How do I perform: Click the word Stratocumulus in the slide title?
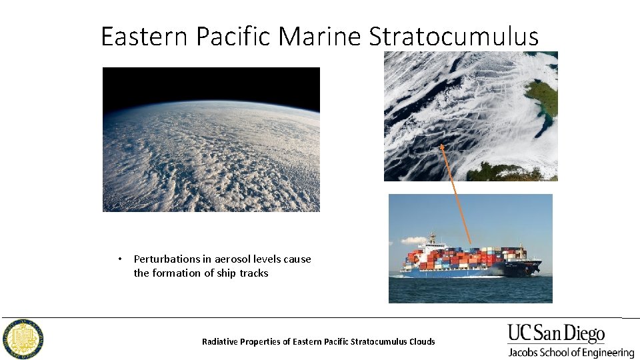[x=453, y=36]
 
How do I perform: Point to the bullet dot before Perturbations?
[x=119, y=259]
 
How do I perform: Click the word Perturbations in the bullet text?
[x=167, y=259]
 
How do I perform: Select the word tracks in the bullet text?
[x=254, y=273]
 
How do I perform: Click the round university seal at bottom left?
[x=23, y=339]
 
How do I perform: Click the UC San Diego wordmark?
[x=556, y=334]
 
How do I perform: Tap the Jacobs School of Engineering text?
[x=571, y=352]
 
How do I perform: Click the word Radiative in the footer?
[x=221, y=341]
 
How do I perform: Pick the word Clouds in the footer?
[x=421, y=341]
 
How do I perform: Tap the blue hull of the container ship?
[x=453, y=272]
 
